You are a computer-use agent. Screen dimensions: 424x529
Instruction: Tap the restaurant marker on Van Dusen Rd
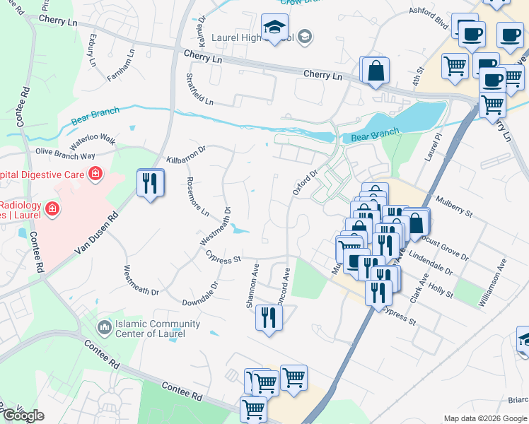150,184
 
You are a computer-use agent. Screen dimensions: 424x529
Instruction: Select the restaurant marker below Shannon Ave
269,317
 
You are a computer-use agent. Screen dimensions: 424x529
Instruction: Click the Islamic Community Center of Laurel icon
105,328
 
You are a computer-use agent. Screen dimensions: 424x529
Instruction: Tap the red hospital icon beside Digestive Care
94,174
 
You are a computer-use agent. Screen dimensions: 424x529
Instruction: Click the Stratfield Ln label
199,88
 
